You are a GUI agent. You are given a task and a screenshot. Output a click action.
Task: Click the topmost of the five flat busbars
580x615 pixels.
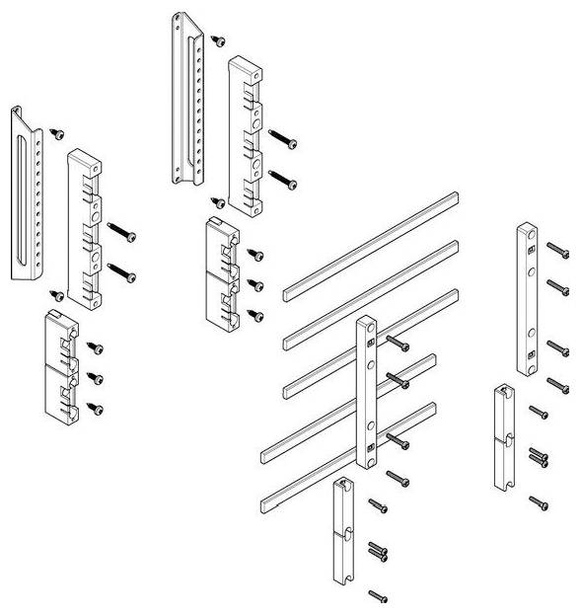[371, 244]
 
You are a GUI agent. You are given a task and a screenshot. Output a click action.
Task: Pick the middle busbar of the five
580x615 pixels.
[371, 341]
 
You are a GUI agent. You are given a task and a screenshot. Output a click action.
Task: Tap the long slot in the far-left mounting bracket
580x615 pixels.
[24, 196]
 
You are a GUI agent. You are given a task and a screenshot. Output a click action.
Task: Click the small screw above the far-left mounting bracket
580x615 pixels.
[58, 132]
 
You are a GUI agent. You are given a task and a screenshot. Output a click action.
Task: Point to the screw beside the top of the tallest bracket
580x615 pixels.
[219, 39]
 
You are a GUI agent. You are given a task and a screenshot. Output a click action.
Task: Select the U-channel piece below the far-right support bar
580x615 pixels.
[502, 438]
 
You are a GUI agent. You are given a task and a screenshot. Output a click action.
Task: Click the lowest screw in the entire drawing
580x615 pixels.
[377, 595]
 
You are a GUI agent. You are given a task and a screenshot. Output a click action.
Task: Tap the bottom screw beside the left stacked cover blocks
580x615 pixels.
[97, 408]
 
